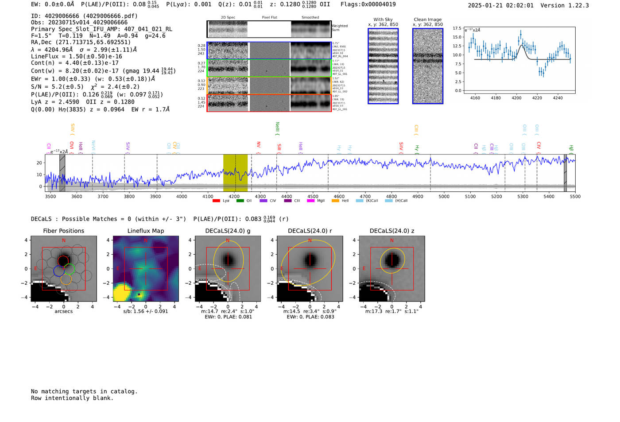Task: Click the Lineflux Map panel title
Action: [145, 231]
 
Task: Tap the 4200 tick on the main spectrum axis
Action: [234, 196]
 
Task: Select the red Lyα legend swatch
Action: [216, 201]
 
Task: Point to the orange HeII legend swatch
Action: [335, 201]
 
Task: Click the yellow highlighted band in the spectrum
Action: [235, 173]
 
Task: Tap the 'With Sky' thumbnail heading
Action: [383, 19]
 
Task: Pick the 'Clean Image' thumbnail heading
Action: [427, 19]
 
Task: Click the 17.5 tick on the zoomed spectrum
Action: [457, 28]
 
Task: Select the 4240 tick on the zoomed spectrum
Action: [558, 98]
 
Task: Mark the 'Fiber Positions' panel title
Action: [63, 231]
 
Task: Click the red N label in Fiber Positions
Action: [64, 240]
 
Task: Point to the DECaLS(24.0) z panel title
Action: [391, 231]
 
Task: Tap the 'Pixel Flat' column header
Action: [269, 17]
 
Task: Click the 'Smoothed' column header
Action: [310, 17]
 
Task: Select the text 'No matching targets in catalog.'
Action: [84, 391]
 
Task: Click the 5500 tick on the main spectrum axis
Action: [575, 196]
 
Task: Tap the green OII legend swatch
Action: [240, 201]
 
